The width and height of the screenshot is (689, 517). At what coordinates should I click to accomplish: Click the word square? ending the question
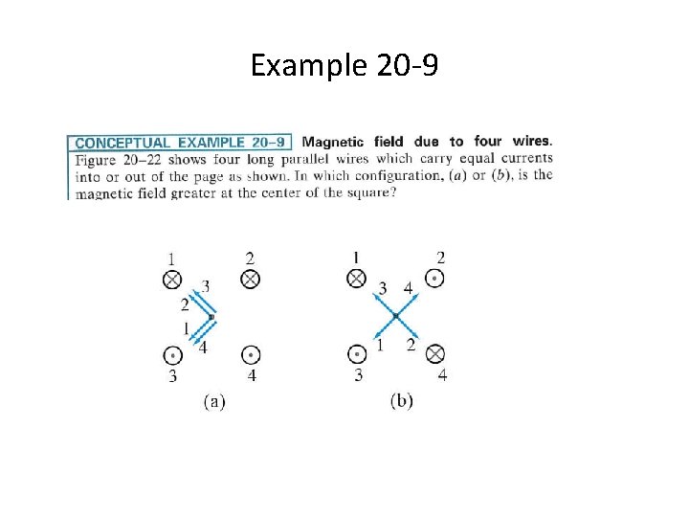coord(370,191)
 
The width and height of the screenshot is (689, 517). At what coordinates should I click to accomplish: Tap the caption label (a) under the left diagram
coord(213,401)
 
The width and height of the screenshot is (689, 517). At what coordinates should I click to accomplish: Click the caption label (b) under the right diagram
coord(402,401)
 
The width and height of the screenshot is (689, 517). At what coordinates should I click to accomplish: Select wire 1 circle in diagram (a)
coord(172,280)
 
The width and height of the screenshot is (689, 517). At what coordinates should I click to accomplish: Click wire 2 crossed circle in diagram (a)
coord(250,279)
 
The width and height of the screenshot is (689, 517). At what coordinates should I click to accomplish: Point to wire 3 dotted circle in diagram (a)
coord(172,355)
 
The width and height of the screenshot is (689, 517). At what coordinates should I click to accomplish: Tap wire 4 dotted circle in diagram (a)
coord(250,354)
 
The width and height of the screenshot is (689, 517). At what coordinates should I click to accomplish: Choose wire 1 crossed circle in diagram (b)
coord(357,279)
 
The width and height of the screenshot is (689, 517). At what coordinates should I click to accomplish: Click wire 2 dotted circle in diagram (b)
coord(434,279)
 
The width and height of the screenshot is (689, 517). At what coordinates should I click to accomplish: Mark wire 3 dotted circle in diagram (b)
coord(357,354)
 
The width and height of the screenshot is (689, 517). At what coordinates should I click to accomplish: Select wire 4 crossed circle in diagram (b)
coord(434,354)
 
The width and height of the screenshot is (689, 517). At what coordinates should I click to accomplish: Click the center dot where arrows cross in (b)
coord(395,316)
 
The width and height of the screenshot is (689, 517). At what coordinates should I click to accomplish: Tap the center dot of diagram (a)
coord(211,317)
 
